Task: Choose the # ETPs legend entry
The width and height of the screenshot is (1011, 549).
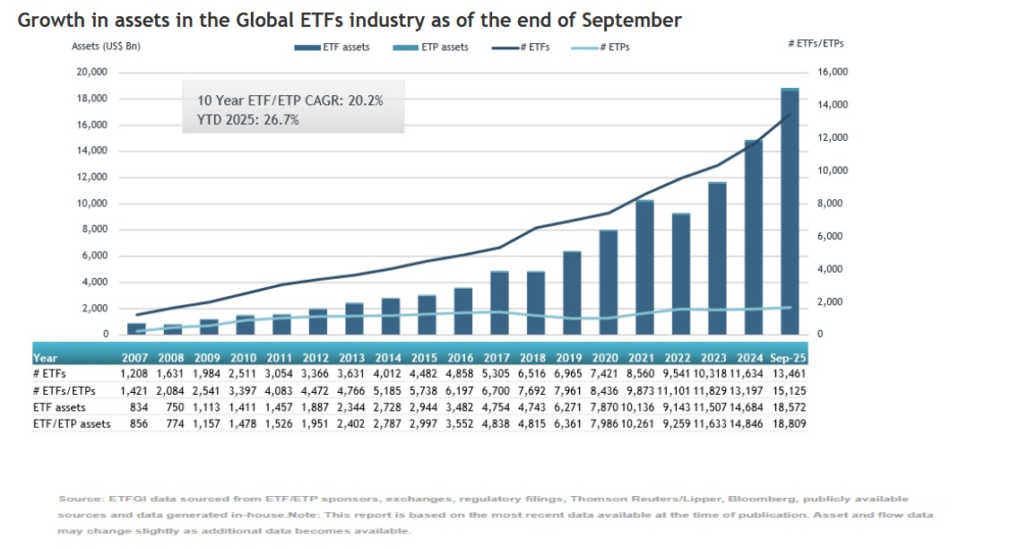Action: tap(601, 47)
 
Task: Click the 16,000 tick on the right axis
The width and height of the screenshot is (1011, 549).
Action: tap(833, 72)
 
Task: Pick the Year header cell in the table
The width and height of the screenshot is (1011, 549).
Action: tap(46, 357)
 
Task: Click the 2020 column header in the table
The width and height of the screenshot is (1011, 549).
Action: tap(607, 357)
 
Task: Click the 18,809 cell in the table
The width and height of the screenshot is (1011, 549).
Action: tap(790, 423)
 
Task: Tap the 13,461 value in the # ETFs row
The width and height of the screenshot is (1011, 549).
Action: tap(790, 373)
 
